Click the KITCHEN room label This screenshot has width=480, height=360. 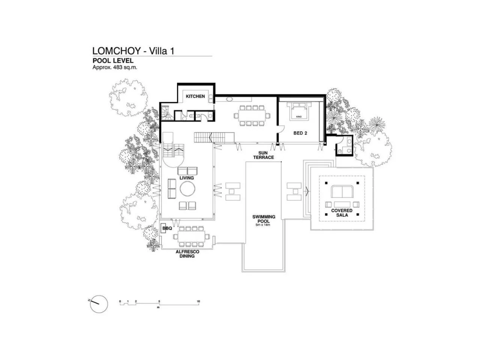(195, 96)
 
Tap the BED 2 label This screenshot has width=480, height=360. (300, 133)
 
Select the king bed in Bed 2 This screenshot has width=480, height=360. (299, 111)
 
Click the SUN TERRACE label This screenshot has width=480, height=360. (263, 155)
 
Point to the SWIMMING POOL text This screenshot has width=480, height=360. (264, 219)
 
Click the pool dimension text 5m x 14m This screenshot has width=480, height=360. (263, 225)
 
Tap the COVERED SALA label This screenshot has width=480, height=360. (342, 213)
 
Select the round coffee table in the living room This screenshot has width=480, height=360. (187, 189)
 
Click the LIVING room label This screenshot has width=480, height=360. (186, 178)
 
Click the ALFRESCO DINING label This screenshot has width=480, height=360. (187, 254)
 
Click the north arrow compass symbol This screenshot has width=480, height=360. (99, 303)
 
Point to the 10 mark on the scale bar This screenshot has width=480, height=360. (198, 301)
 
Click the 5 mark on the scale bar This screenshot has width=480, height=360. (159, 301)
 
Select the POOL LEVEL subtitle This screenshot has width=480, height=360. (113, 61)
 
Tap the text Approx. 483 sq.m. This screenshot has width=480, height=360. (115, 67)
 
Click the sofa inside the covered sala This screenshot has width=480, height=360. (342, 192)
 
